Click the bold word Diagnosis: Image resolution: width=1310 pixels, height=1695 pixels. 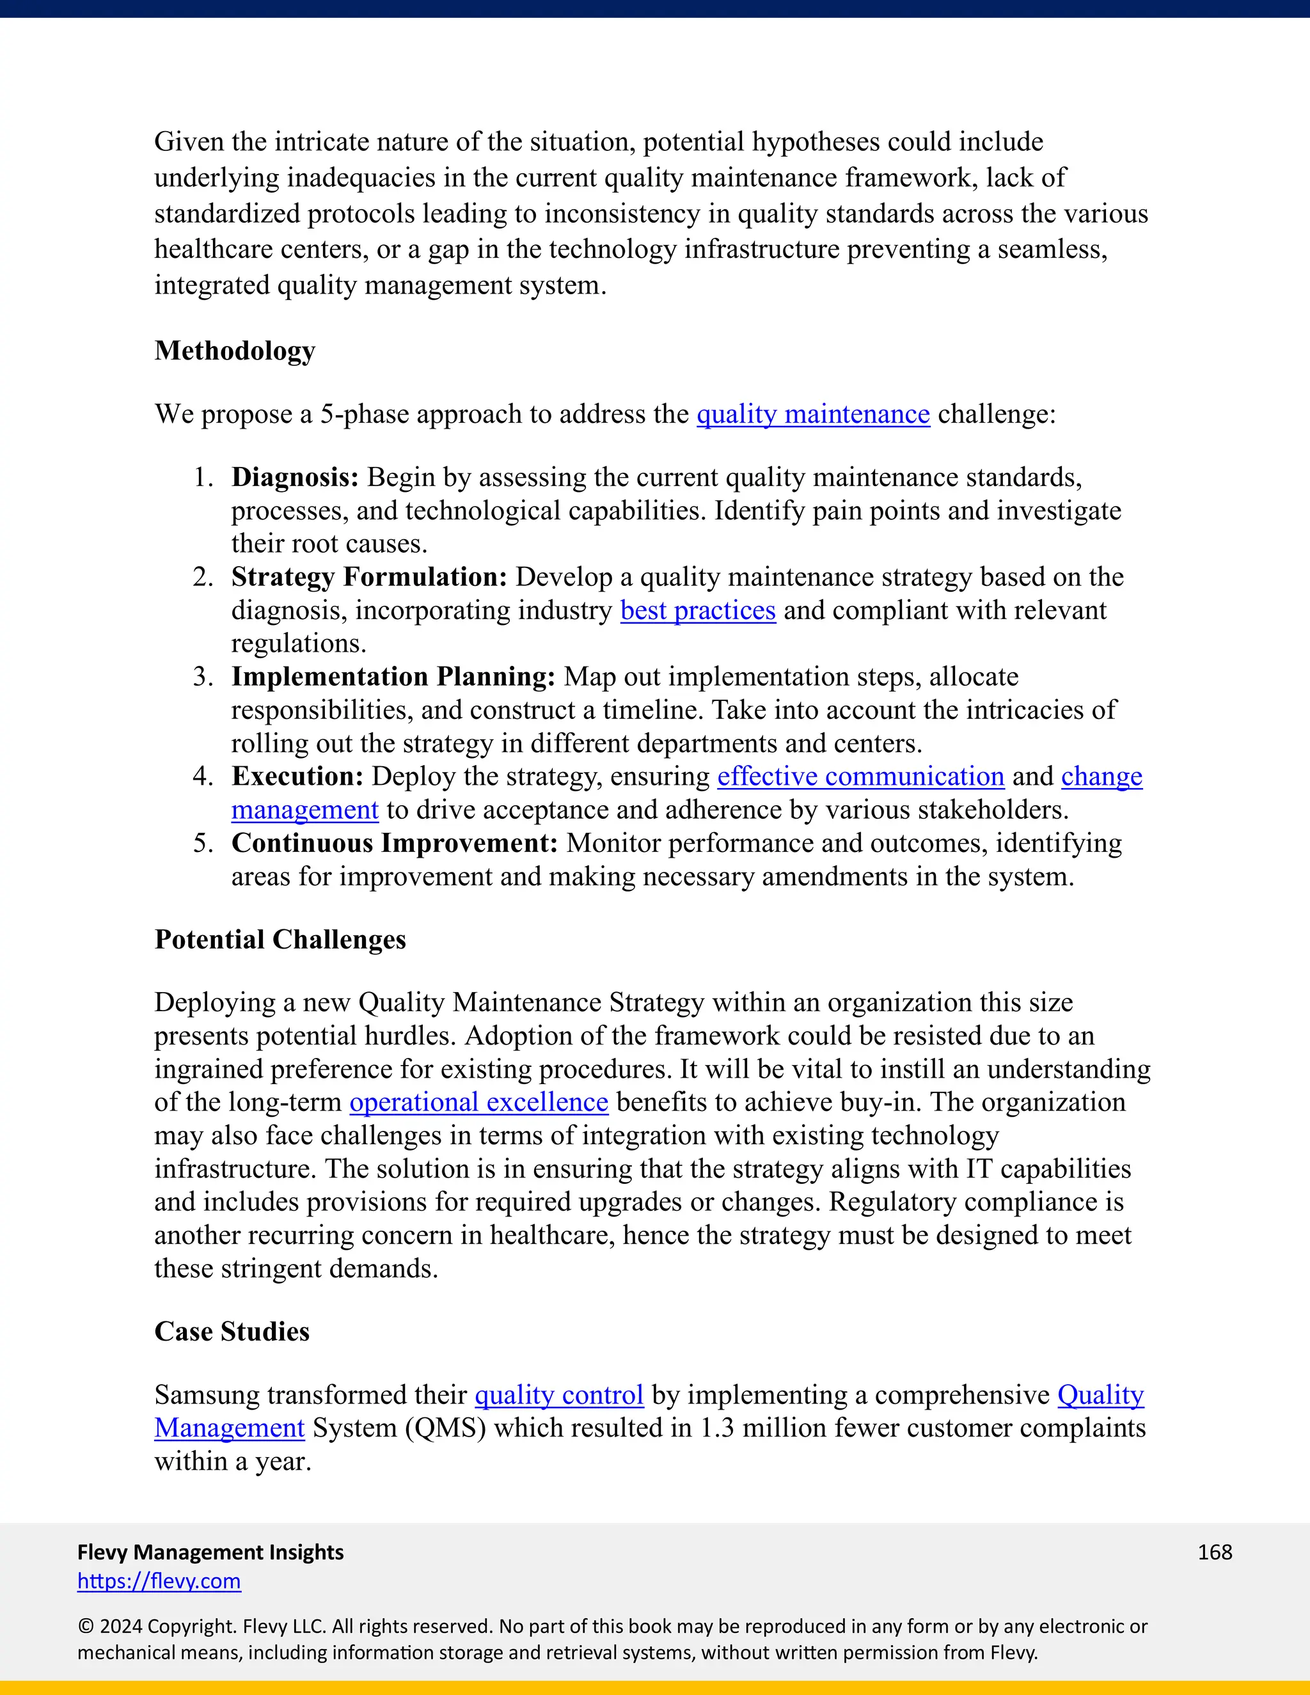[295, 477]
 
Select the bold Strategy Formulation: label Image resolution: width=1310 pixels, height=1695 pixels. [368, 578]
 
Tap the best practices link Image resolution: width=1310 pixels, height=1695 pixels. [698, 611]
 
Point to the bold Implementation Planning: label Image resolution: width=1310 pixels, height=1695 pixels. [393, 677]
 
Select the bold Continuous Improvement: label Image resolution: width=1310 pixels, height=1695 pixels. [394, 844]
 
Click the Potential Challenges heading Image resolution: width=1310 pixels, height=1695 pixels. [280, 940]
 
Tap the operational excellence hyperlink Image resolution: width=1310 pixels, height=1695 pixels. [479, 1103]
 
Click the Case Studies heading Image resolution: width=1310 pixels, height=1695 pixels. [232, 1332]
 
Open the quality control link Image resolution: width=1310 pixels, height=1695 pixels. [559, 1396]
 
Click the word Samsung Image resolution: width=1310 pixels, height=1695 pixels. [207, 1396]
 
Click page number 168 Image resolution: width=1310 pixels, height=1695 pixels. [1215, 1552]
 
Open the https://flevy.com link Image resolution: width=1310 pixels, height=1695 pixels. [159, 1581]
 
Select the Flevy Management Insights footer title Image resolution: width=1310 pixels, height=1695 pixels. [210, 1552]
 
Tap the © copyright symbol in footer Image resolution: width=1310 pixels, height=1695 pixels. [85, 1627]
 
